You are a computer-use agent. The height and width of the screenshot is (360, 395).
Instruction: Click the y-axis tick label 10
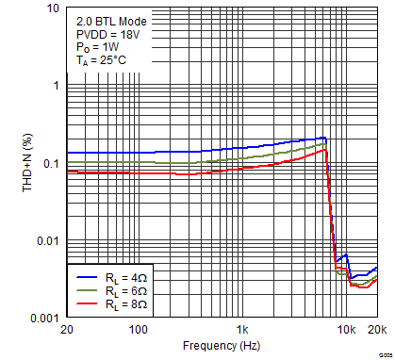tap(52, 8)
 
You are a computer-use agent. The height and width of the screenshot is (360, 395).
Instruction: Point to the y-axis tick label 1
tap(56, 86)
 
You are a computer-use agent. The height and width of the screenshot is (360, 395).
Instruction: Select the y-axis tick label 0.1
tap(51, 164)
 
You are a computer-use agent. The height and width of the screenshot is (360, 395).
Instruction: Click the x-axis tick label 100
tap(138, 330)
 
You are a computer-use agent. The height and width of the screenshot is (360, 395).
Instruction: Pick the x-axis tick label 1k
tap(242, 330)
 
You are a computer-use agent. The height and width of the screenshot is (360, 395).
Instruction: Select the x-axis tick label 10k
tap(346, 330)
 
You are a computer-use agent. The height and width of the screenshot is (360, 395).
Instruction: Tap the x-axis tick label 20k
tap(376, 330)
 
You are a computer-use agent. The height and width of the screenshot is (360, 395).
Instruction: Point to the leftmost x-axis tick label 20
tap(66, 330)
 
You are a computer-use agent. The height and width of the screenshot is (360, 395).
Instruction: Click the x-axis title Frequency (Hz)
tap(222, 346)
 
